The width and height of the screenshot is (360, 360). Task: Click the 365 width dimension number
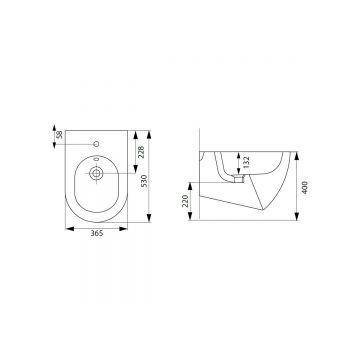[x=97, y=233]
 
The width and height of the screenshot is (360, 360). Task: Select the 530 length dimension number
[x=144, y=181]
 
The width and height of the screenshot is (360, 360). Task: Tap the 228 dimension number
[x=141, y=152]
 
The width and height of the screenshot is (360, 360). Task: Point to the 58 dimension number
[x=60, y=135]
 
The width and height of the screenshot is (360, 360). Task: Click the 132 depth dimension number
[x=246, y=162]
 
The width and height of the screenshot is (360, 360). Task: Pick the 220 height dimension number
[x=185, y=201]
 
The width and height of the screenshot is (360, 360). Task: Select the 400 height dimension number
[x=305, y=187]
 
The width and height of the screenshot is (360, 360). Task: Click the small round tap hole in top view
[x=96, y=144]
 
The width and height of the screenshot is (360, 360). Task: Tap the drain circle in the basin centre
[x=96, y=173]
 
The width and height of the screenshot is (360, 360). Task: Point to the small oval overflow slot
[x=96, y=159]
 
